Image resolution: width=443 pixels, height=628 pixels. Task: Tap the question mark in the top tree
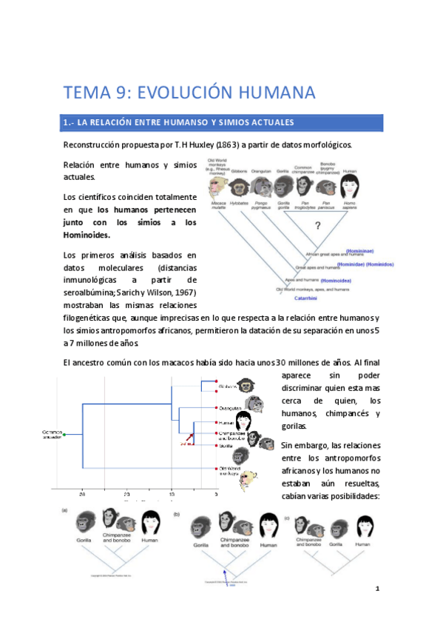point(319,225)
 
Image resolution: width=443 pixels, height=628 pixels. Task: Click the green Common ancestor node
point(64,435)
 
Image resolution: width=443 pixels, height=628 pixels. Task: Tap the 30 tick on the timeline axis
point(84,492)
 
